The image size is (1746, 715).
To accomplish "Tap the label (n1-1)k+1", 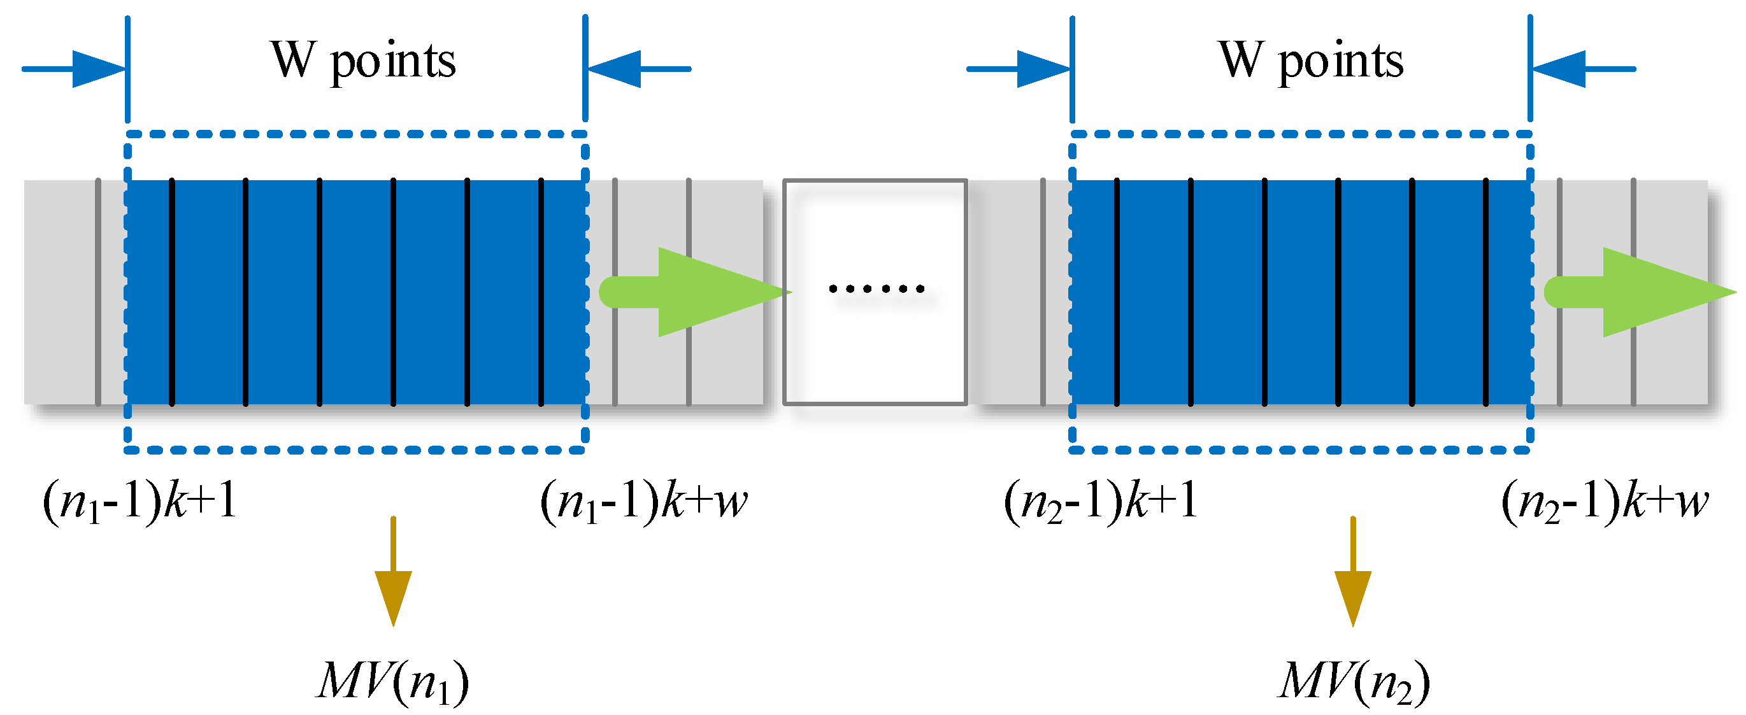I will pos(140,502).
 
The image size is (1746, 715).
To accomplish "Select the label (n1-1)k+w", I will pos(643,502).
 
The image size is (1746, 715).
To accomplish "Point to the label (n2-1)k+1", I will pos(1101,502).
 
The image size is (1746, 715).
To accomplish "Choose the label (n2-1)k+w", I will pos(1605,502).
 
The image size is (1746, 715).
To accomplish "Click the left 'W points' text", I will pos(363,61).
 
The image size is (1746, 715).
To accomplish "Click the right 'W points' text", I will pos(1311,61).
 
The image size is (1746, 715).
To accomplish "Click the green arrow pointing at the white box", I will pos(698,292).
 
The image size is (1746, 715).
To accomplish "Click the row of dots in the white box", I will pos(876,288).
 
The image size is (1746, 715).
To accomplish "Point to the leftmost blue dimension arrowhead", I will pos(98,69).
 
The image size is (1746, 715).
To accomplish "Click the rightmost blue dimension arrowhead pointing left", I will pos(1559,69).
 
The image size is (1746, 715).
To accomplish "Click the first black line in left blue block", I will pos(171,292).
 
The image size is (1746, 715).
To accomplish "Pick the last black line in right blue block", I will pos(1485,292).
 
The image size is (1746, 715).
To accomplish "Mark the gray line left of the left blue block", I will pos(98,292).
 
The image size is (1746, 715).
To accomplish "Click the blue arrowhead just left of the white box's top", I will pos(614,69).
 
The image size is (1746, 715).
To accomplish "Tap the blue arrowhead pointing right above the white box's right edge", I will pos(1044,69).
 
